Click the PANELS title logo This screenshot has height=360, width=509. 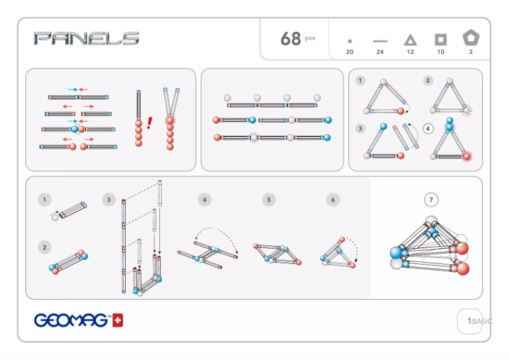(x=86, y=39)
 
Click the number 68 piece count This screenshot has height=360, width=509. (x=291, y=39)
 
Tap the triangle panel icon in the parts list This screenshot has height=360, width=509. (x=411, y=40)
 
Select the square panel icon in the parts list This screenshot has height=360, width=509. (x=440, y=40)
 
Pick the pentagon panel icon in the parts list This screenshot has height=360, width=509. (x=471, y=38)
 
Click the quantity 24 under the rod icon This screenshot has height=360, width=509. (x=380, y=52)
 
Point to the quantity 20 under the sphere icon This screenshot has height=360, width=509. (x=350, y=52)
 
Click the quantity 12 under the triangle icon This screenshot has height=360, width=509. (x=411, y=52)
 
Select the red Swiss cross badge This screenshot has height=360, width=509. (x=118, y=321)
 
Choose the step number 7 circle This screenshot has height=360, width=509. (x=431, y=200)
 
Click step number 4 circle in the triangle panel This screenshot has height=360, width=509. (x=428, y=128)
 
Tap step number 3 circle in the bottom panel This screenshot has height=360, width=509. (x=109, y=200)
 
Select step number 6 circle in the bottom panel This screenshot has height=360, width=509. (x=333, y=200)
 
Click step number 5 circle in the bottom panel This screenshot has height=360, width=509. (x=269, y=200)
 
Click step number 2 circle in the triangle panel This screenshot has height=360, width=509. (x=428, y=81)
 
